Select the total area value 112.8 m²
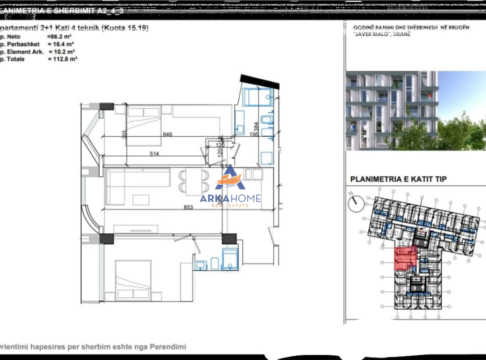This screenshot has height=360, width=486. [x=63, y=59]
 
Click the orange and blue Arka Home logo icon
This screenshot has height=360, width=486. [x=230, y=179]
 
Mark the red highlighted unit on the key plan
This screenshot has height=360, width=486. [x=405, y=258]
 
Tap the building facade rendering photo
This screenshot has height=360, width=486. [x=415, y=110]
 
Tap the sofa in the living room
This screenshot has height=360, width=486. [x=138, y=180]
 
